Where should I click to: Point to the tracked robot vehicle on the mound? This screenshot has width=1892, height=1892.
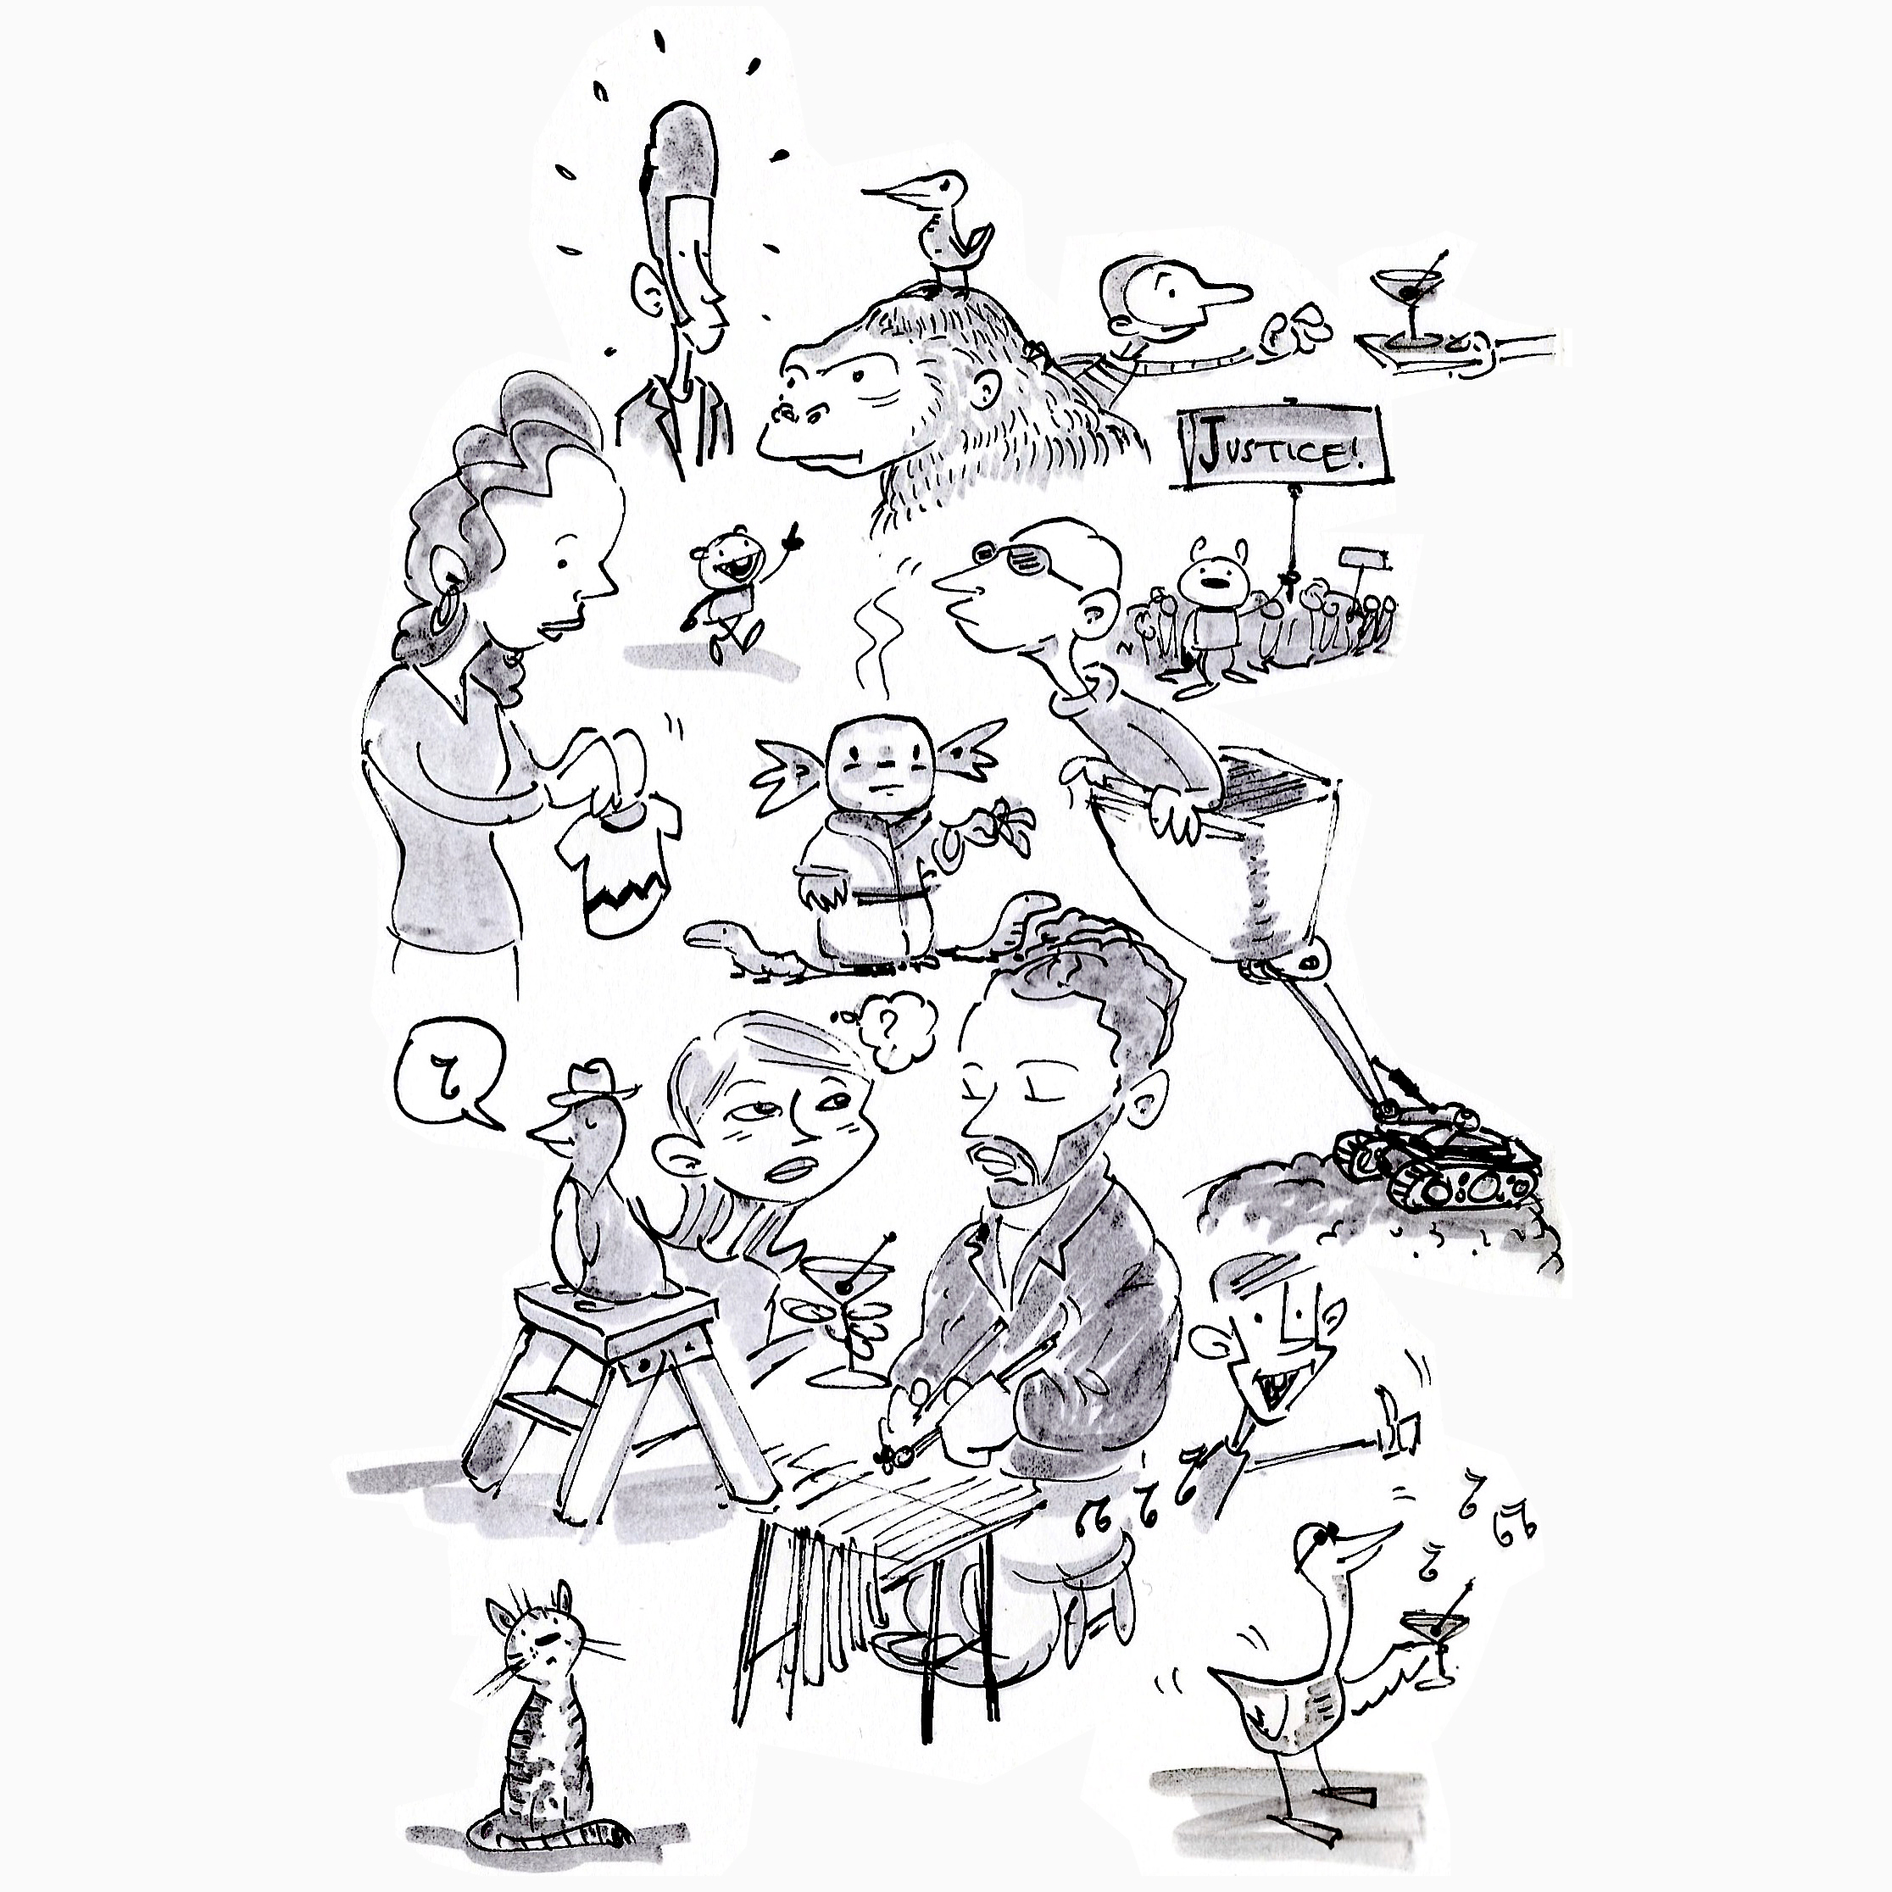click(1434, 1161)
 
